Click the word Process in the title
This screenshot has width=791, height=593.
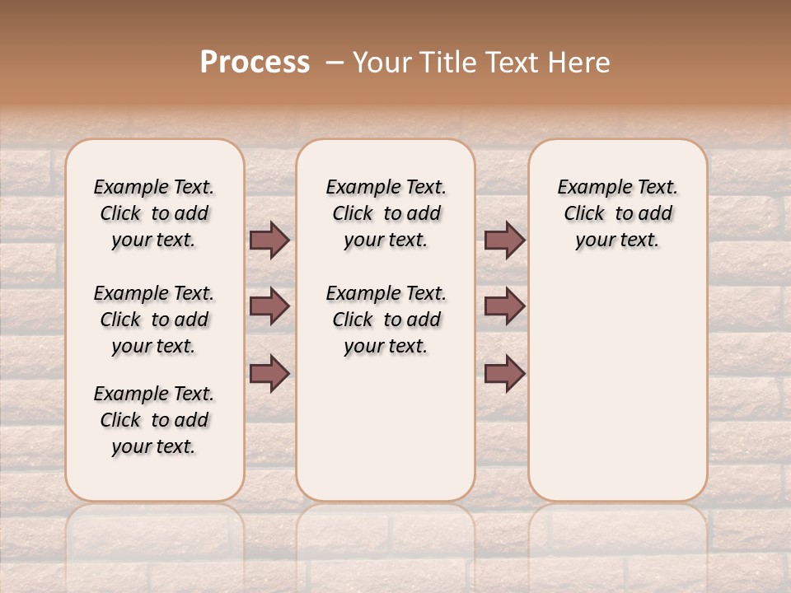tap(255, 63)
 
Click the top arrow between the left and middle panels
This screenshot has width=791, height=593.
tap(269, 240)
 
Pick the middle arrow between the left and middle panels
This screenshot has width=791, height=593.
tap(269, 306)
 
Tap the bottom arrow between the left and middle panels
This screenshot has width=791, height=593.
tap(269, 373)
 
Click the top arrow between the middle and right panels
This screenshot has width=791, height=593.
tap(504, 240)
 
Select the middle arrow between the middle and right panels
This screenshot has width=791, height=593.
tap(504, 306)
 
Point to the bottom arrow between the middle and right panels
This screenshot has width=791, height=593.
tap(504, 373)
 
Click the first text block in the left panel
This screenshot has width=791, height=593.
tap(154, 213)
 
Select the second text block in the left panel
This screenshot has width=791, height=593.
tap(154, 320)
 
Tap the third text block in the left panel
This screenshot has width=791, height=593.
tap(154, 420)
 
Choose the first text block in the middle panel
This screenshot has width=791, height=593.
tap(386, 213)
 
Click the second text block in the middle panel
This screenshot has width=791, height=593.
tap(386, 320)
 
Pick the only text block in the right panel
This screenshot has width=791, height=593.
tap(617, 213)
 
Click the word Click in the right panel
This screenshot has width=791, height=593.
tap(584, 214)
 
